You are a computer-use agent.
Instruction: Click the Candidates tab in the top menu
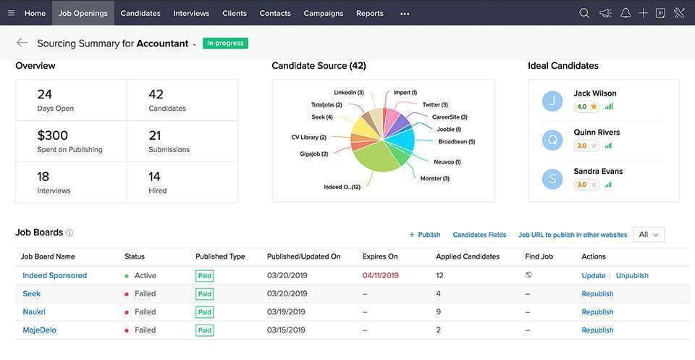coord(140,13)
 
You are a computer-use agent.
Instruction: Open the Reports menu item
coord(369,13)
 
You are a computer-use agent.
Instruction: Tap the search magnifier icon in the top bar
coord(584,13)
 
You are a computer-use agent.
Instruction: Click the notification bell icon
coord(625,13)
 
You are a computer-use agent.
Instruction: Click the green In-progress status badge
coord(225,43)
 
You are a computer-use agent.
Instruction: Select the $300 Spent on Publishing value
coord(53,135)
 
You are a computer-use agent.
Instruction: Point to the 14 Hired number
coord(155,177)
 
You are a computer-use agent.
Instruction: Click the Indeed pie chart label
coord(342,187)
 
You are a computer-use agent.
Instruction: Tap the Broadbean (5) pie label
coord(456,142)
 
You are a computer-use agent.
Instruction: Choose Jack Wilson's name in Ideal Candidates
coord(595,93)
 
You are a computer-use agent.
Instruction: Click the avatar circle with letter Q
coord(552,140)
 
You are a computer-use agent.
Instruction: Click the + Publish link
coord(424,235)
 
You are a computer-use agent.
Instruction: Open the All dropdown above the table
coord(648,235)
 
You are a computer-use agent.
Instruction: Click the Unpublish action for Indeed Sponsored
coord(632,276)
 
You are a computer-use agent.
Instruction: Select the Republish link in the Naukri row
coord(597,312)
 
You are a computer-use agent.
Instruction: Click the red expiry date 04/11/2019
coord(380,276)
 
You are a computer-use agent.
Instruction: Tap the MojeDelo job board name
coord(39,330)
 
